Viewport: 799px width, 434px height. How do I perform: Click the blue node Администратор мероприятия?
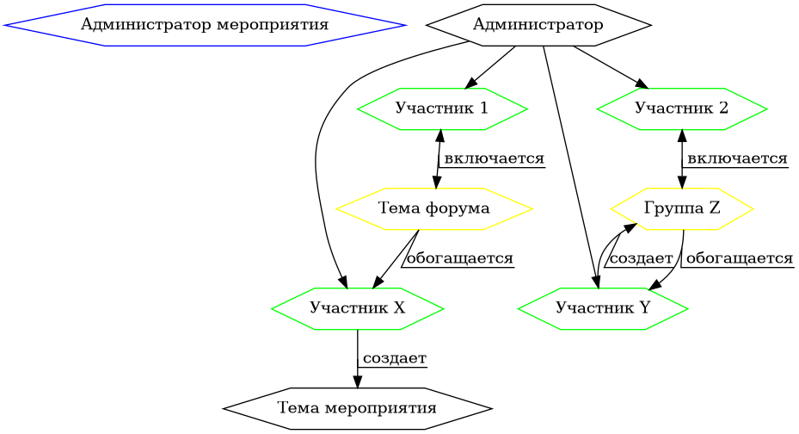click(x=205, y=25)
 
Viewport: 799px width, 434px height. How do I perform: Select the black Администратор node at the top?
click(x=538, y=25)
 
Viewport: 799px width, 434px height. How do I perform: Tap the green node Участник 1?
click(x=442, y=108)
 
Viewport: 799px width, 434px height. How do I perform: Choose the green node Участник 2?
click(x=681, y=108)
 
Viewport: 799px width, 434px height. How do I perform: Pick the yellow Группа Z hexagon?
click(x=682, y=208)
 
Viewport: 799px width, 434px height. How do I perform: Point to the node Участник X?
click(x=357, y=308)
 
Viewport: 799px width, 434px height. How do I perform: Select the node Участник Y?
click(x=603, y=308)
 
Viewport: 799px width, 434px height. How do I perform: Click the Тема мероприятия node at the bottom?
click(x=357, y=407)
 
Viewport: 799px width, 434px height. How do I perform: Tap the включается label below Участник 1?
click(x=495, y=159)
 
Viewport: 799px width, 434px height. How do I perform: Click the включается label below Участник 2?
click(x=738, y=159)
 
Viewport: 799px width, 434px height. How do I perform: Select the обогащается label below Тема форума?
click(x=459, y=258)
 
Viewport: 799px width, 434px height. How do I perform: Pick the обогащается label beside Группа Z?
click(x=739, y=258)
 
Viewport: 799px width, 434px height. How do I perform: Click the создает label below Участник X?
click(x=395, y=358)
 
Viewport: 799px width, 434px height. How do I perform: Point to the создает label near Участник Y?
click(x=640, y=258)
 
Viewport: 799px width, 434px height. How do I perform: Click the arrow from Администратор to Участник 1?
click(x=490, y=66)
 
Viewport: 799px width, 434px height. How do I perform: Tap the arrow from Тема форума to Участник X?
click(x=396, y=258)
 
